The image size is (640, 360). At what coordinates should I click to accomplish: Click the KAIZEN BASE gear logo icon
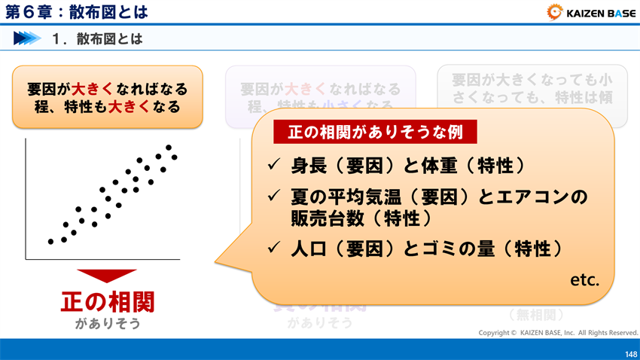[x=556, y=12]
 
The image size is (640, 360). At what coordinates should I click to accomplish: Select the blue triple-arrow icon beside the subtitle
[x=26, y=38]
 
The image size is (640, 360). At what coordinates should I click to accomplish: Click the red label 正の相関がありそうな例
[x=374, y=132]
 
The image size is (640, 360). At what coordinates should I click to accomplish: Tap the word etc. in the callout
[x=584, y=280]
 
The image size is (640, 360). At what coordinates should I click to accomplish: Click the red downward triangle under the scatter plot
[x=107, y=276]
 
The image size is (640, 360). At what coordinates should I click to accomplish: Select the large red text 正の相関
[x=107, y=302]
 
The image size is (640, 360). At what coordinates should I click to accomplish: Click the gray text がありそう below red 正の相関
[x=107, y=324]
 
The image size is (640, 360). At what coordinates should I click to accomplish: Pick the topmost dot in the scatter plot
[x=169, y=148]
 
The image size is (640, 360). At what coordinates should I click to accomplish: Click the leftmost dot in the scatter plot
[x=50, y=242]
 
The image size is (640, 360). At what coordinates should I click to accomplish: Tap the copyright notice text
[x=558, y=332]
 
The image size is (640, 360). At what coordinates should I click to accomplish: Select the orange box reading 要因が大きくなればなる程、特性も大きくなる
[x=107, y=97]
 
